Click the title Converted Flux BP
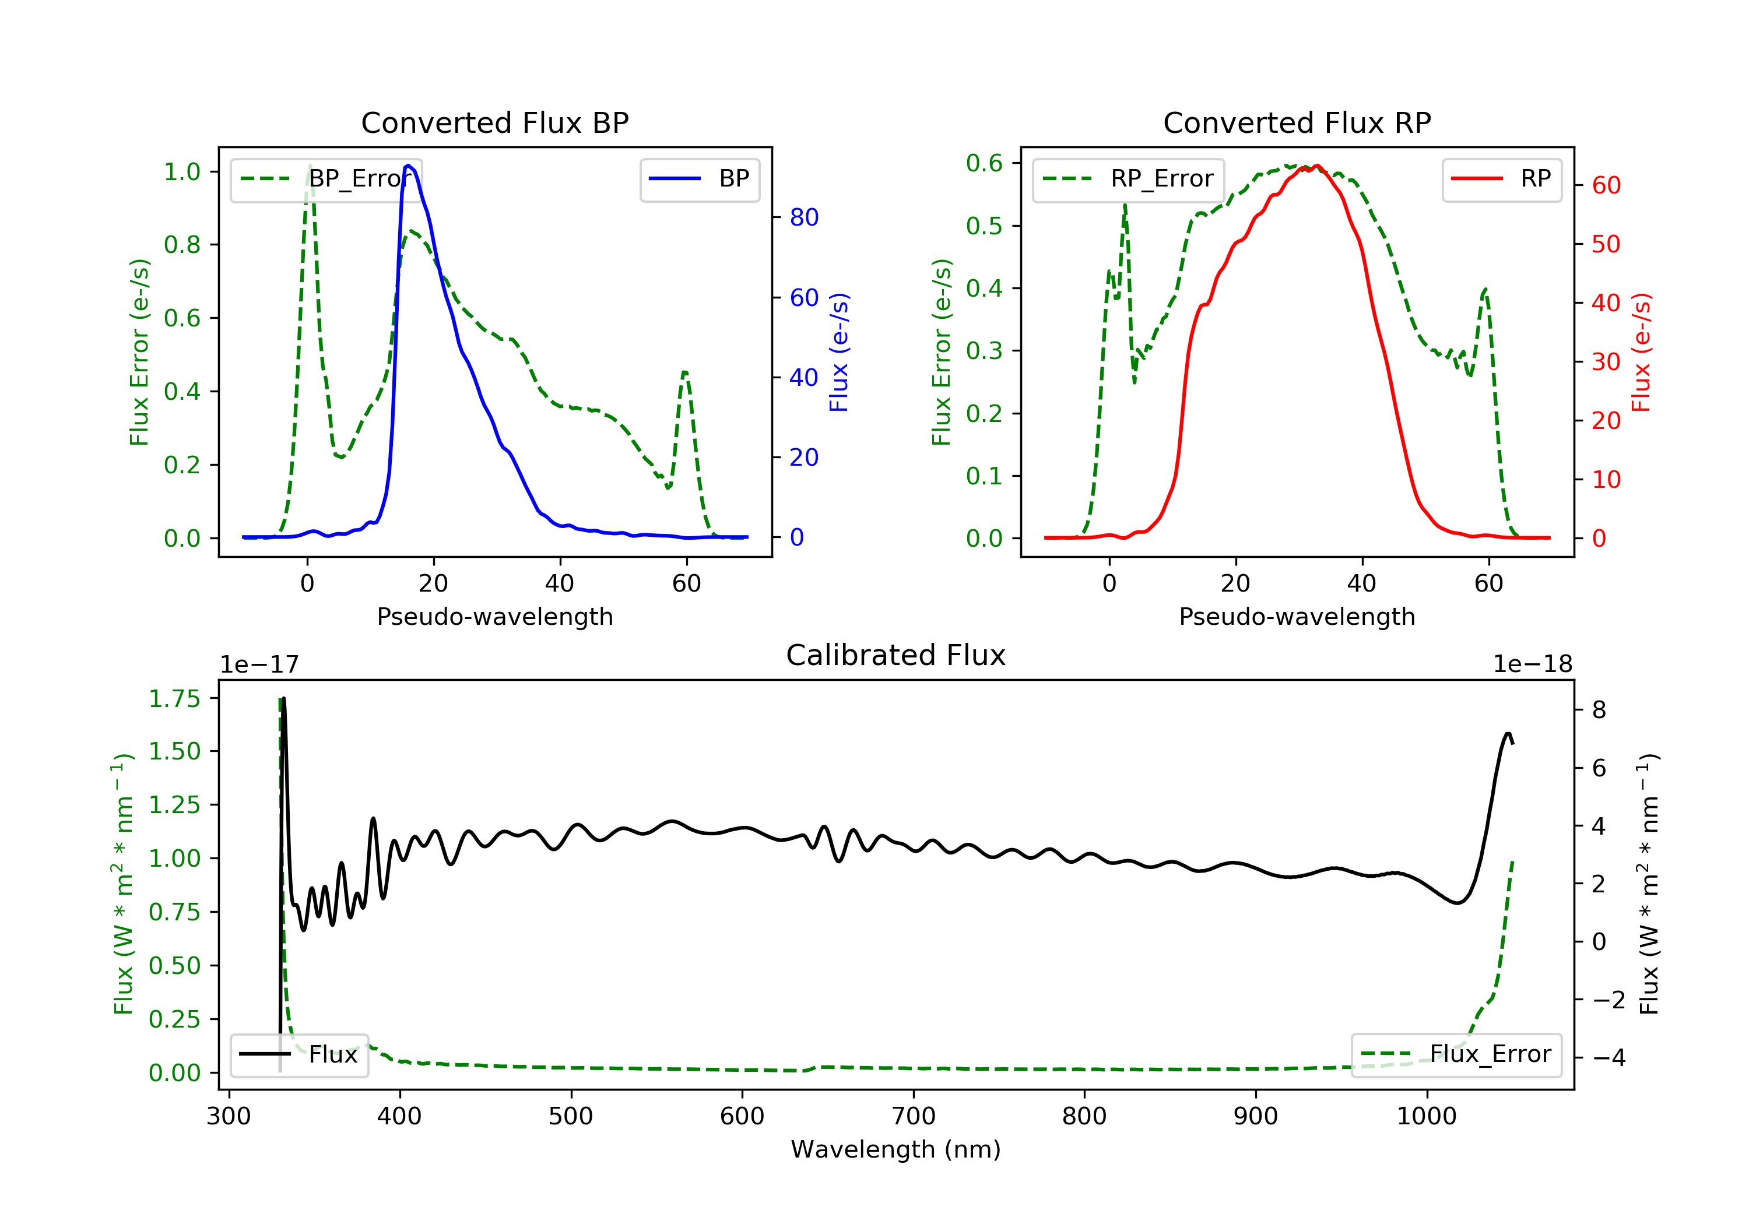point(494,122)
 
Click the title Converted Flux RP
point(1297,122)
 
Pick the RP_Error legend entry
point(1128,179)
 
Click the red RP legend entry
point(1501,179)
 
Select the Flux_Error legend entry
point(1456,1054)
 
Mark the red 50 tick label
point(1606,244)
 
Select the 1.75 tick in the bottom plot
point(174,698)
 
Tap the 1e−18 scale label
point(1532,664)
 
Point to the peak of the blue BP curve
point(409,166)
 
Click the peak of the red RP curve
point(1317,166)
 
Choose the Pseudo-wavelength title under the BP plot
point(494,616)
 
